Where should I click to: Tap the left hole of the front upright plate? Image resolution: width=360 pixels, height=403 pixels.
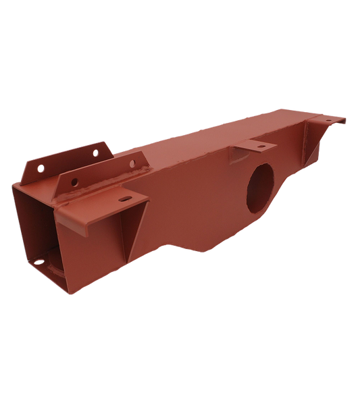click(x=72, y=181)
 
